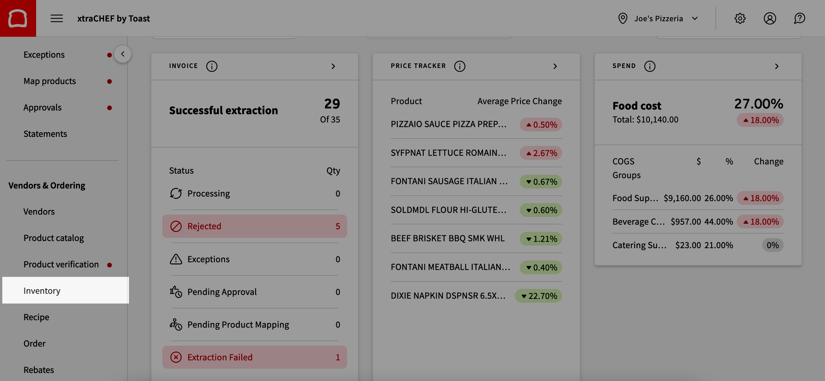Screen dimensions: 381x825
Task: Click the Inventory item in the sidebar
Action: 42,290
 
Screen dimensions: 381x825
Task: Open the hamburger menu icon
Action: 57,18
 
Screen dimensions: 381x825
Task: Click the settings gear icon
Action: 740,18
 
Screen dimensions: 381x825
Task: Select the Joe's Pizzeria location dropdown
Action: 658,18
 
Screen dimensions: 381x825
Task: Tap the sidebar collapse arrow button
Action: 123,54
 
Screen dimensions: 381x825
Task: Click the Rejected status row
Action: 254,226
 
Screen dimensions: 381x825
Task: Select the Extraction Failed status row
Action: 254,357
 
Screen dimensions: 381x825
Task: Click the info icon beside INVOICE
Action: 212,66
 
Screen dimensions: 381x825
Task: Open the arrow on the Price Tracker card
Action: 555,66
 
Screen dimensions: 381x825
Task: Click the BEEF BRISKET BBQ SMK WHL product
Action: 447,238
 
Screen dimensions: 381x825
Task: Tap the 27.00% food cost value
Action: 758,104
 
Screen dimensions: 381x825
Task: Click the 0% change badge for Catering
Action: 772,245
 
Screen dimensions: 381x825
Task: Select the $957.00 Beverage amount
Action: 685,221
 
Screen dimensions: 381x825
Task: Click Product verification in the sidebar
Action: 61,264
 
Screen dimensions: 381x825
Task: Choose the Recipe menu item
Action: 36,317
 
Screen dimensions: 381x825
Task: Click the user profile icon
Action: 770,18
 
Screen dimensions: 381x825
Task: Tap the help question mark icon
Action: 799,18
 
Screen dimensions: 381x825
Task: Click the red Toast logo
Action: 18,18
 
